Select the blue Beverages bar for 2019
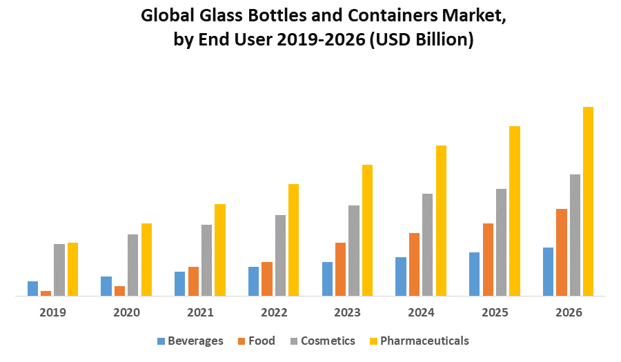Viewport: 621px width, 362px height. pyautogui.click(x=32, y=288)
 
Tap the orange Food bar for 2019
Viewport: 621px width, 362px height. pyautogui.click(x=46, y=293)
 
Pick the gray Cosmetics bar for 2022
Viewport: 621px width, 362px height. pyautogui.click(x=280, y=255)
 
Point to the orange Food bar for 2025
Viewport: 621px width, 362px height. pyautogui.click(x=488, y=259)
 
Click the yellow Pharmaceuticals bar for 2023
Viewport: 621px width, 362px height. pyautogui.click(x=367, y=230)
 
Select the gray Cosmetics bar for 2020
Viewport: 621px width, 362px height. pyautogui.click(x=132, y=265)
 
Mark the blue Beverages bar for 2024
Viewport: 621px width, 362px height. pyautogui.click(x=401, y=276)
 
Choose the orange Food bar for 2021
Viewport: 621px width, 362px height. pyautogui.click(x=193, y=281)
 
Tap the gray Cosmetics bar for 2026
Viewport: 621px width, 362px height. pyautogui.click(x=575, y=235)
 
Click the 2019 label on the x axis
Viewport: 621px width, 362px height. pyautogui.click(x=52, y=312)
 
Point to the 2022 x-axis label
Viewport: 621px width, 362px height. pyautogui.click(x=274, y=312)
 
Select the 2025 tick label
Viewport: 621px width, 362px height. pyautogui.click(x=495, y=312)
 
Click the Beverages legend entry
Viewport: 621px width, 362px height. pyautogui.click(x=190, y=341)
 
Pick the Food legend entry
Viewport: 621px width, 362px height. pyautogui.click(x=257, y=341)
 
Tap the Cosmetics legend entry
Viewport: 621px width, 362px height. pyautogui.click(x=322, y=341)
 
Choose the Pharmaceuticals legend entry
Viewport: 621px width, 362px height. pyautogui.click(x=419, y=341)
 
